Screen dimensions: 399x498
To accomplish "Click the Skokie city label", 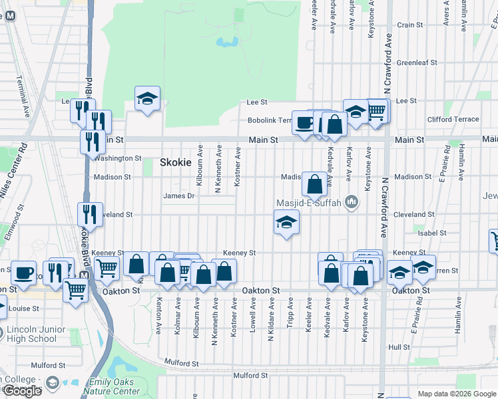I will (x=176, y=162).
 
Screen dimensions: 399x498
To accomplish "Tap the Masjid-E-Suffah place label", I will (x=308, y=203).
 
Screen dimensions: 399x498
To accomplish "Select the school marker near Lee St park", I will (x=147, y=100).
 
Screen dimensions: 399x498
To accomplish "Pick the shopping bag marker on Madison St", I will (x=314, y=184).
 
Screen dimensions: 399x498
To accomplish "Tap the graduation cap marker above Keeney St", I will (x=286, y=222).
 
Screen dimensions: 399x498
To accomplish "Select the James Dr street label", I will (x=178, y=196).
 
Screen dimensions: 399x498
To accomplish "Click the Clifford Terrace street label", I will (x=453, y=120).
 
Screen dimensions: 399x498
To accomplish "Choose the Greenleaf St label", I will (x=417, y=63).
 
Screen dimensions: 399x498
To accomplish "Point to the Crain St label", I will (x=410, y=25).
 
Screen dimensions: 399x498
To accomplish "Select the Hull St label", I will (x=399, y=347).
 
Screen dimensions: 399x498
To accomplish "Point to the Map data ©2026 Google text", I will (x=456, y=394).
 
